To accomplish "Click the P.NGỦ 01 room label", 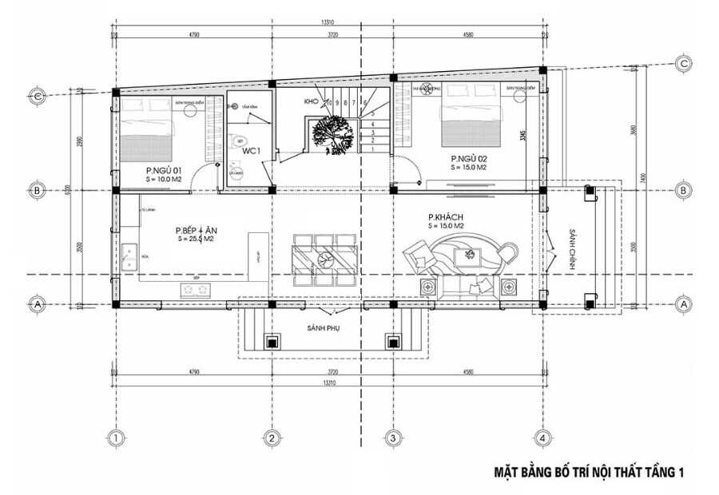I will [x=164, y=171].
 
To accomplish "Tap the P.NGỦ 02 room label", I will [x=468, y=158].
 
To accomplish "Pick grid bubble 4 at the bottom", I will [x=542, y=438].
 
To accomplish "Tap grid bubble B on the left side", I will [x=37, y=191].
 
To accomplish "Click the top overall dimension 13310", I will [x=328, y=22].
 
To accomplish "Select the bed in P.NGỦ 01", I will [x=147, y=133].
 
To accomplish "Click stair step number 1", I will [x=371, y=148].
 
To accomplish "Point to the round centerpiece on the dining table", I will [x=324, y=259].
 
